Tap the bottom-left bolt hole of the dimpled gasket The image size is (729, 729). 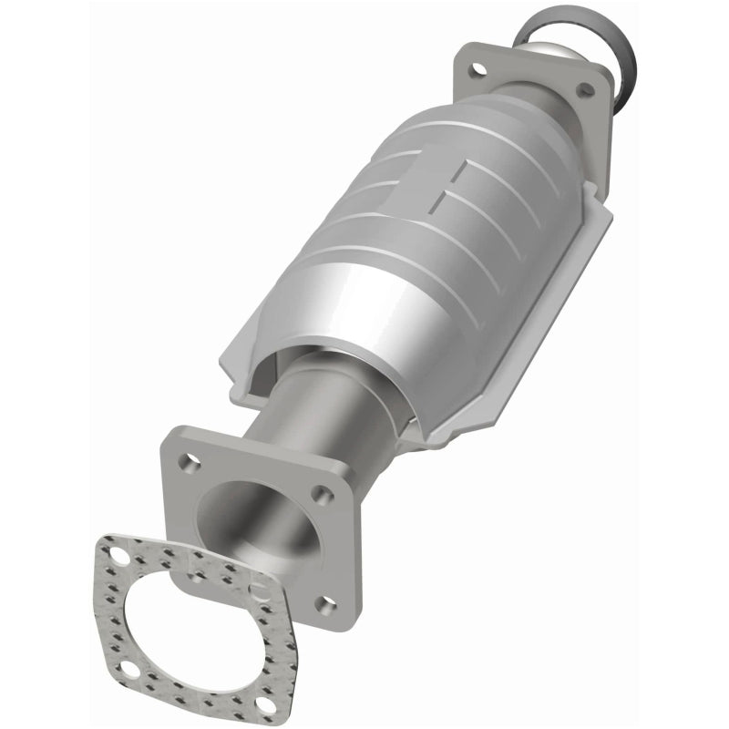click(129, 671)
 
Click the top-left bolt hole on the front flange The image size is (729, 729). click(192, 462)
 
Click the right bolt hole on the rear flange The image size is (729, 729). click(586, 88)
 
